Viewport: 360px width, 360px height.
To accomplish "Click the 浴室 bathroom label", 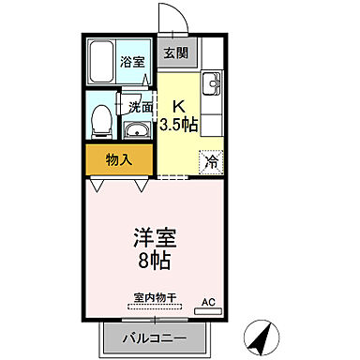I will pos(132,63).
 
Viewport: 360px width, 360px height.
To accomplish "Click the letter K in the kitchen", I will pos(177,106).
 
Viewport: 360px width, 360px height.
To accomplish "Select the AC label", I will pos(208,303).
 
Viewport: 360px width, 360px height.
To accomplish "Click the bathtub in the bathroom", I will pos(101,63).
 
